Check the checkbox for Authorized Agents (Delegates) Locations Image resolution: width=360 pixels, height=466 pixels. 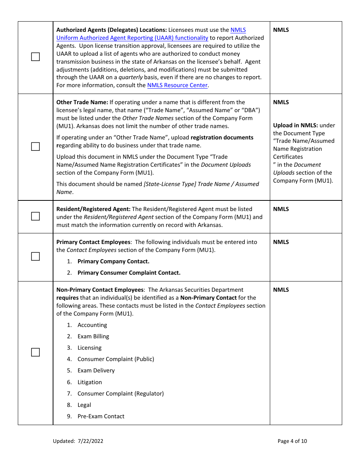[x=35, y=57]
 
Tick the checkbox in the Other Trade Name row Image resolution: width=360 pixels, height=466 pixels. [x=35, y=147]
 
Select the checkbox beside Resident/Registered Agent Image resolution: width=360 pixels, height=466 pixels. [x=35, y=216]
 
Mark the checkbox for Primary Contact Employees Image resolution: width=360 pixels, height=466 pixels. [x=35, y=256]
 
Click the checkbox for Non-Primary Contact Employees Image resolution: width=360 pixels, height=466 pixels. [x=35, y=352]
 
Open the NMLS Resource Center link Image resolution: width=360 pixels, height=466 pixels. [x=177, y=85]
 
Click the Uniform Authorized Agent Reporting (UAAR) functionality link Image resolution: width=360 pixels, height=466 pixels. [x=132, y=38]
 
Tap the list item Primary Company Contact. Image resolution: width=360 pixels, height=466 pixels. [x=113, y=261]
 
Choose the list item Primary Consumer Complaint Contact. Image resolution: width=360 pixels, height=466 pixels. [x=129, y=273]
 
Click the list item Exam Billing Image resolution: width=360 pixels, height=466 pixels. [x=93, y=336]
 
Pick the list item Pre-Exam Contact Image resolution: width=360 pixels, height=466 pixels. [x=101, y=416]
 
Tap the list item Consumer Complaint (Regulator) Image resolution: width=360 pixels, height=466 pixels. [x=121, y=394]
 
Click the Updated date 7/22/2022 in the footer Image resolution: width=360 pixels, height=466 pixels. [x=91, y=441]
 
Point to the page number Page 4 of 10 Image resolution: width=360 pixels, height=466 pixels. [x=292, y=441]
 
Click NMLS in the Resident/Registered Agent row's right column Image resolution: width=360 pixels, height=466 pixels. [x=281, y=209]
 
